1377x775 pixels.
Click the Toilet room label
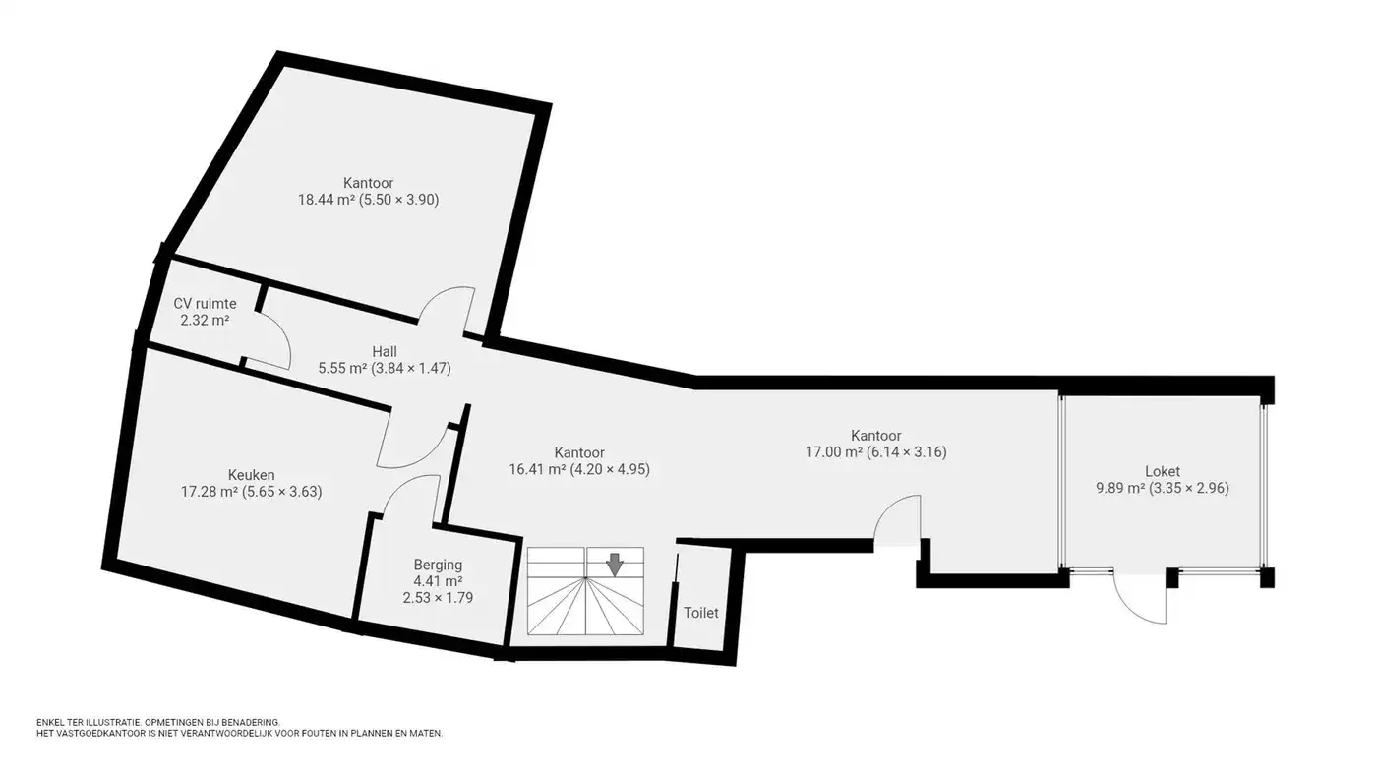pos(700,613)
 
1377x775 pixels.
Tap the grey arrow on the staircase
pos(614,565)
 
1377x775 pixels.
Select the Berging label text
pos(438,565)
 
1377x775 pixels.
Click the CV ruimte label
pos(205,304)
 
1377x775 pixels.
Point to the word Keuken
pos(251,475)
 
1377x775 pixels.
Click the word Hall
pos(385,351)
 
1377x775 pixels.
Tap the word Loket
pos(1163,471)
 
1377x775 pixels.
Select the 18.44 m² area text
pos(327,200)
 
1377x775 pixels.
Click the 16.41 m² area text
pos(537,469)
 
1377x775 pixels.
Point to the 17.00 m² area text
pos(834,452)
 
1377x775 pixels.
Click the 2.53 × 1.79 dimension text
pos(438,597)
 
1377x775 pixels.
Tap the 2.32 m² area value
pos(205,321)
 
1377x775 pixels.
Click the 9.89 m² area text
pos(1120,489)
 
